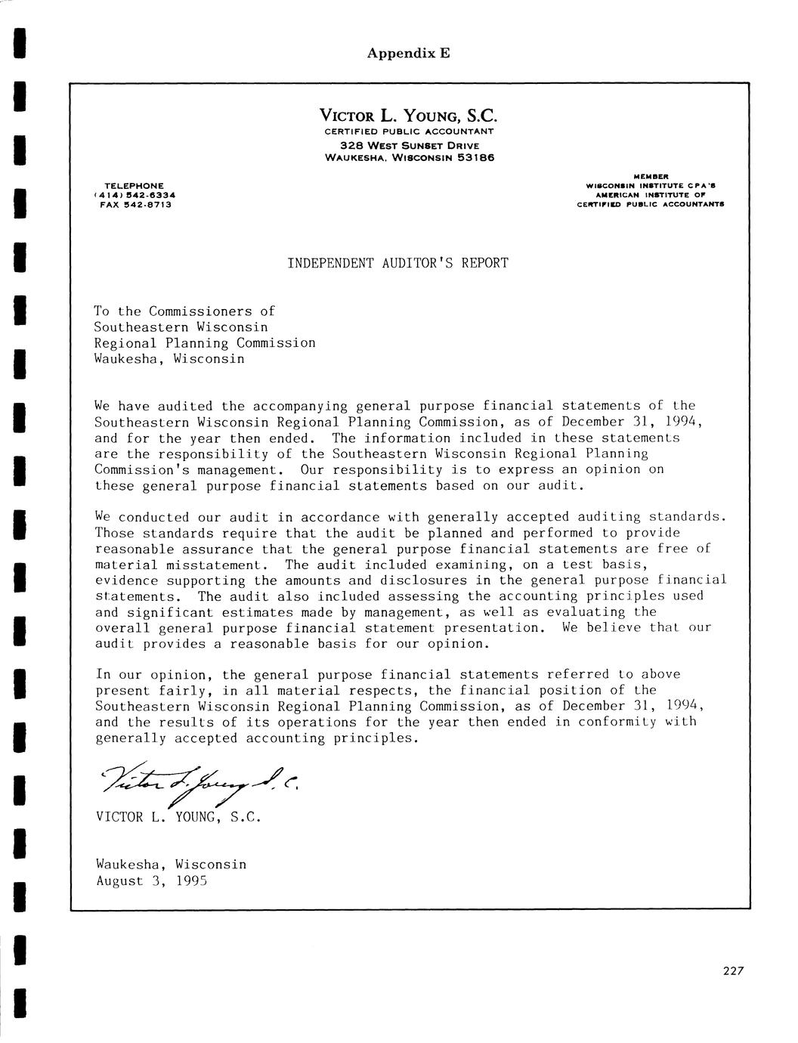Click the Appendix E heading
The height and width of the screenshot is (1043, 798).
pyautogui.click(x=408, y=53)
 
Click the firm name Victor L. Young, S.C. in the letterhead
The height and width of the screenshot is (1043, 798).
pyautogui.click(x=409, y=116)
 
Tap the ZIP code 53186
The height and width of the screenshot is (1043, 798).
pyautogui.click(x=473, y=158)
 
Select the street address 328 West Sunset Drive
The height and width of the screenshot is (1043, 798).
pyautogui.click(x=409, y=145)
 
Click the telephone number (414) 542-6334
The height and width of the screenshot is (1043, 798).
pyautogui.click(x=134, y=194)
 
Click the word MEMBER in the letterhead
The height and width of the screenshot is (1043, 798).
pyautogui.click(x=651, y=176)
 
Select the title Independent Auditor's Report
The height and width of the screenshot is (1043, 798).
pyautogui.click(x=397, y=263)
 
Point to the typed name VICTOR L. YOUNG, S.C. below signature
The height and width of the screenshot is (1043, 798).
pyautogui.click(x=178, y=817)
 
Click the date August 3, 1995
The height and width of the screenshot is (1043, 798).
pyautogui.click(x=151, y=881)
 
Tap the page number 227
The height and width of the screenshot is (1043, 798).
pyautogui.click(x=733, y=972)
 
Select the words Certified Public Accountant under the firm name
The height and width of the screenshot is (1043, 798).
pyautogui.click(x=409, y=132)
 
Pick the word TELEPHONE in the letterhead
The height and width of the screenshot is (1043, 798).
pyautogui.click(x=134, y=185)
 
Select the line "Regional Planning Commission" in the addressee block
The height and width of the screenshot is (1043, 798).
pyautogui.click(x=204, y=343)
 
